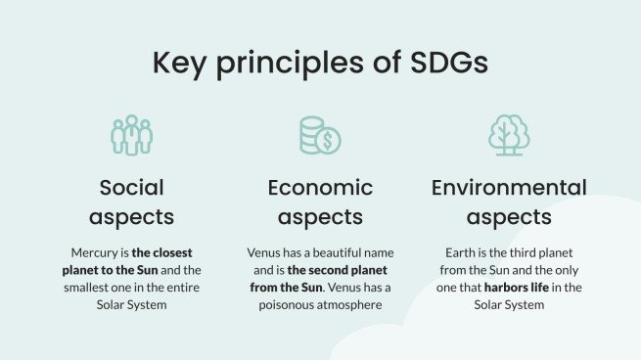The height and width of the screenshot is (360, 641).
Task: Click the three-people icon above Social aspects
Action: [131, 135]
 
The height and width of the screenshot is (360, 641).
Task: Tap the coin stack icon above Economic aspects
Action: [319, 135]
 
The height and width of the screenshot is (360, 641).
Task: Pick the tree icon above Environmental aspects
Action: [509, 135]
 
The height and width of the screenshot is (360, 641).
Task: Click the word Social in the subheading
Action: [131, 187]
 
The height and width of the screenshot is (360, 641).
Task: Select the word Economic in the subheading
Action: [320, 187]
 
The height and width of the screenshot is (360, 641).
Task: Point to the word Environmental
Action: [509, 187]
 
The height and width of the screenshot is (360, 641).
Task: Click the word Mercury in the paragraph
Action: [95, 251]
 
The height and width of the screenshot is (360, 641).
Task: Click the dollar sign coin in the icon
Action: [330, 142]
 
